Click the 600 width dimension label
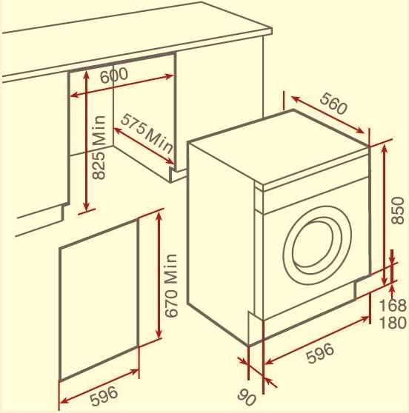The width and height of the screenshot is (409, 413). (114, 75)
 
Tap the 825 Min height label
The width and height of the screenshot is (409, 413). (99, 147)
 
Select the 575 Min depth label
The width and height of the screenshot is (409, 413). (147, 134)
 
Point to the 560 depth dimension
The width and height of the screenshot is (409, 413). (333, 104)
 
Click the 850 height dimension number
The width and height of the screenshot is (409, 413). (397, 210)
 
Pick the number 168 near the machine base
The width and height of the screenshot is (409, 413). (393, 306)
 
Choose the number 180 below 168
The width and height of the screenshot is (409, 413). (393, 323)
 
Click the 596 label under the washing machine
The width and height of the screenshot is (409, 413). (320, 354)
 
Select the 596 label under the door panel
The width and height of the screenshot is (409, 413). (104, 395)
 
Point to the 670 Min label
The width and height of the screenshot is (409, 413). (171, 285)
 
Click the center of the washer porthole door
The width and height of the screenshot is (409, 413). (318, 245)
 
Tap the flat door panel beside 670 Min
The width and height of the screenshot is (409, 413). (99, 300)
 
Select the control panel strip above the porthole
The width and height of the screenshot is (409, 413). (316, 195)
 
